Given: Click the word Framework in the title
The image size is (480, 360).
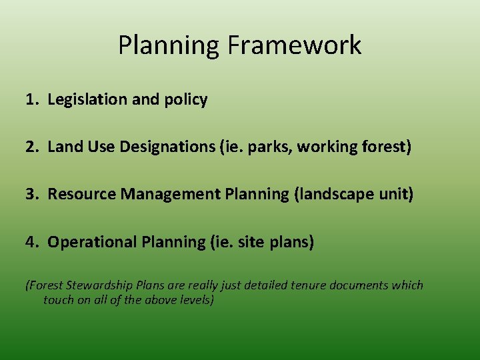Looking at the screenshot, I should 294,45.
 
